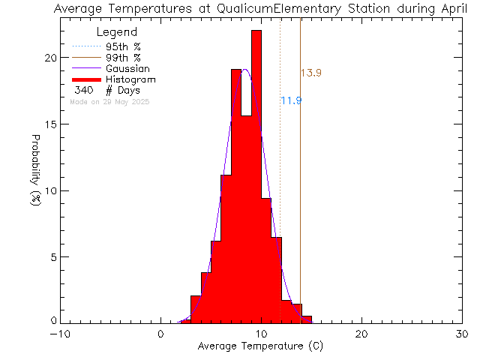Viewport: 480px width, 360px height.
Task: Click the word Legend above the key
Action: point(118,32)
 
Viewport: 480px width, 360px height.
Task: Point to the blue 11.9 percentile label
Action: point(291,100)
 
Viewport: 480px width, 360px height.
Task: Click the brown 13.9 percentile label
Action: point(311,73)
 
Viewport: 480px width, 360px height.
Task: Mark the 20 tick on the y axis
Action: point(50,58)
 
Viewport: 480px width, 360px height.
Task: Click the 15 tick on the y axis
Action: point(50,124)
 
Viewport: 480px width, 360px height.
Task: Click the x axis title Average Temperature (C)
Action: point(261,346)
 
